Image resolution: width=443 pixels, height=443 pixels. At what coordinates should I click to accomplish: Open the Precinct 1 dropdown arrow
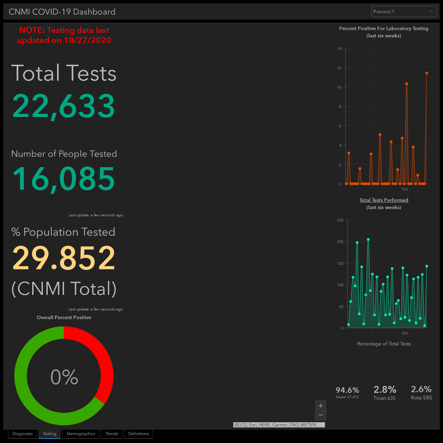click(x=431, y=11)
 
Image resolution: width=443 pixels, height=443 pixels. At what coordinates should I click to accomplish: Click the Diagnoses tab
click(x=22, y=434)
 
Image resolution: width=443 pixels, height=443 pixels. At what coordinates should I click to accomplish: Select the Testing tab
click(x=49, y=434)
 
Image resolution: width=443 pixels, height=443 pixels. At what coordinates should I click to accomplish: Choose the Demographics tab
click(x=81, y=434)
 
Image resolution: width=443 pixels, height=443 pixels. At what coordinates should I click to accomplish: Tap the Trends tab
click(x=112, y=434)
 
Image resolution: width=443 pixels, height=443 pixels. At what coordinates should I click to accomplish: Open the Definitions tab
click(x=139, y=434)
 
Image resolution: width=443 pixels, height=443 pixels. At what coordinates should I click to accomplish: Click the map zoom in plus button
click(x=321, y=406)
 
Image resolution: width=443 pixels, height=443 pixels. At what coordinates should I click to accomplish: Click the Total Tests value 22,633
click(x=63, y=107)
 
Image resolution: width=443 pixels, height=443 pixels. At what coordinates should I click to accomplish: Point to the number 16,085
click(x=63, y=179)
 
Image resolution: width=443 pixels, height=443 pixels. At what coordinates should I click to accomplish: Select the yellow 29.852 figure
click(x=63, y=258)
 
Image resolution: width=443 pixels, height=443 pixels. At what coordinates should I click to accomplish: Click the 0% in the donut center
click(x=64, y=377)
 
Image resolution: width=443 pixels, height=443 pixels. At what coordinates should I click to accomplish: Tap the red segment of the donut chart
click(x=103, y=359)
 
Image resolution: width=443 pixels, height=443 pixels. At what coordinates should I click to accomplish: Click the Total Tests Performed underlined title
click(x=384, y=200)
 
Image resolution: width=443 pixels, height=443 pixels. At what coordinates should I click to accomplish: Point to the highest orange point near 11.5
click(x=427, y=73)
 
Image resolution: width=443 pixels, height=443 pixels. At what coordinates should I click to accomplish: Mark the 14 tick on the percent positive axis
click(x=339, y=48)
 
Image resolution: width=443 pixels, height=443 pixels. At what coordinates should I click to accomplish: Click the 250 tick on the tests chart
click(x=340, y=220)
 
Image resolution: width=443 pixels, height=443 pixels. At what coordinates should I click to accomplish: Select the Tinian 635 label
click(x=385, y=398)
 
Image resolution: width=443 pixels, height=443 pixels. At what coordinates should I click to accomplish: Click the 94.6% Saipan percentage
click(x=347, y=390)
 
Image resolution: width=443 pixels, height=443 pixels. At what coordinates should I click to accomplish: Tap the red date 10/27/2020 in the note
click(x=87, y=40)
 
